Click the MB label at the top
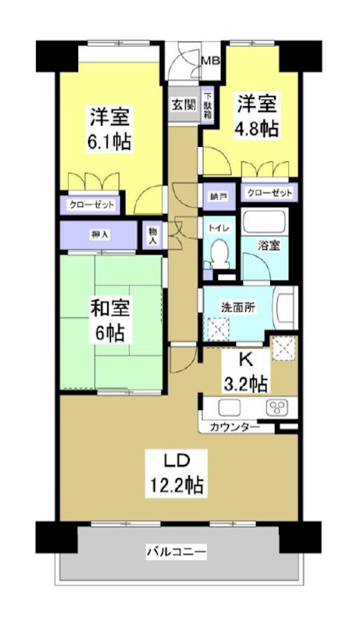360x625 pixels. [210, 59]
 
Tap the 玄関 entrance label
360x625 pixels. [183, 104]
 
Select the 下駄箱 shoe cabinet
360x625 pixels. [209, 103]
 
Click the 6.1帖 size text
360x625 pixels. [109, 142]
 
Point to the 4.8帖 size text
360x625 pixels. [257, 129]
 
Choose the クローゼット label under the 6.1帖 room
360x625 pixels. [91, 205]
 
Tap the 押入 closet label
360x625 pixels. [99, 234]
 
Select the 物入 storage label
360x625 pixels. [152, 235]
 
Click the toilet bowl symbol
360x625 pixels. [219, 252]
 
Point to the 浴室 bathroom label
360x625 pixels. [270, 246]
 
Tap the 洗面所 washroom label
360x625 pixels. [238, 307]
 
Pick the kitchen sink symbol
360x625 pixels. [230, 406]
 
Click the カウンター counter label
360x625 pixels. [234, 427]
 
